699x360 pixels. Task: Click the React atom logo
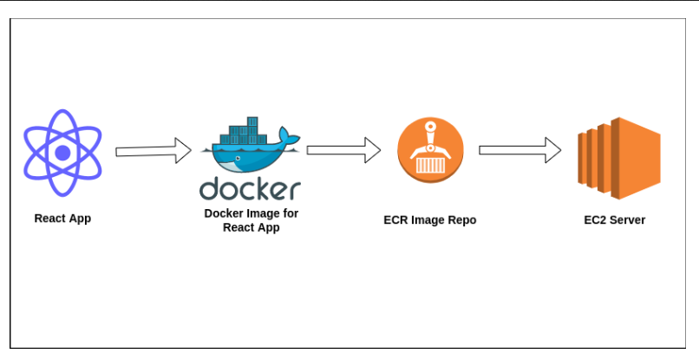coord(62,153)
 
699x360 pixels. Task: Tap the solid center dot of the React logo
coord(62,153)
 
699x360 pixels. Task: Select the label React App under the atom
coord(62,219)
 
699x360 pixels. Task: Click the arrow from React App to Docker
coord(154,151)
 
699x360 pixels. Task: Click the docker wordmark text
coord(250,188)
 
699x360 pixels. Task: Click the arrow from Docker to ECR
coord(343,150)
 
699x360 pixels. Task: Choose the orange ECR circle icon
coord(430,150)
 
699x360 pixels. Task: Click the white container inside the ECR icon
coord(430,166)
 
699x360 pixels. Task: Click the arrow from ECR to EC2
coord(519,150)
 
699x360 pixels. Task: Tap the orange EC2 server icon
coord(618,159)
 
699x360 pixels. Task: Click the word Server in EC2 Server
coord(629,220)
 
